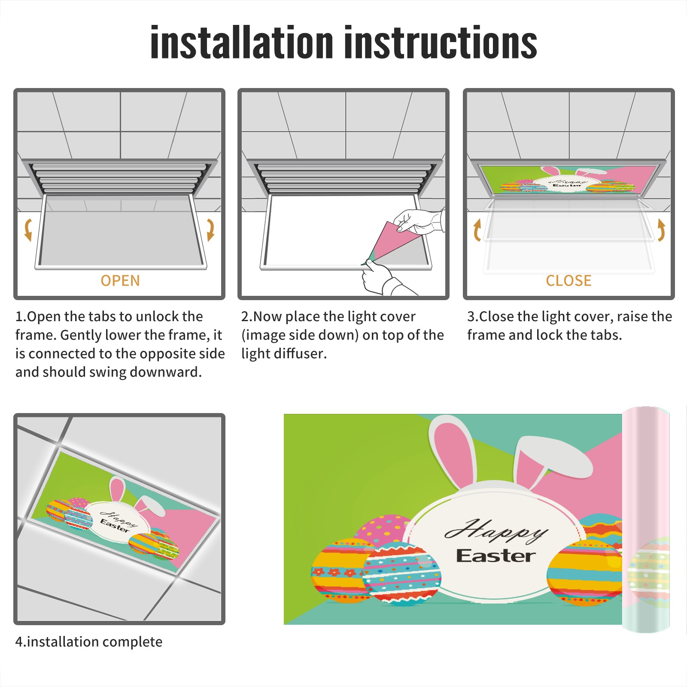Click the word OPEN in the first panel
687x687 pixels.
click(x=120, y=281)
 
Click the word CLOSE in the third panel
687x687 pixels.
click(x=568, y=281)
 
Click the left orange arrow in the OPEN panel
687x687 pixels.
click(x=27, y=230)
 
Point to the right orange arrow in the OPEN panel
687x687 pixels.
click(x=210, y=230)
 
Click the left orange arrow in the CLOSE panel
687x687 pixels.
click(x=477, y=230)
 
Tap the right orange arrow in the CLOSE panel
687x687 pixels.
click(x=661, y=230)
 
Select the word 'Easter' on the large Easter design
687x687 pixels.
click(x=496, y=556)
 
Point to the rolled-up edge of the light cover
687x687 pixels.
click(x=646, y=520)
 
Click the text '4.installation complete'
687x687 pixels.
click(x=89, y=642)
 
